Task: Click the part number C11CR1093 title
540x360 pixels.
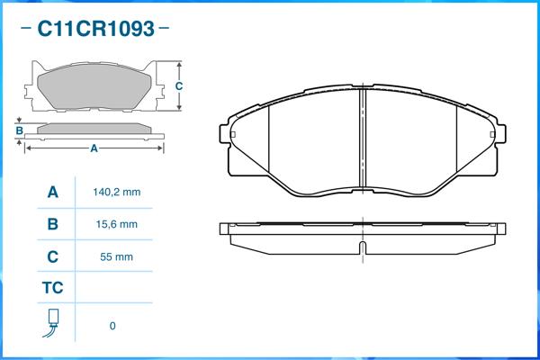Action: (x=95, y=28)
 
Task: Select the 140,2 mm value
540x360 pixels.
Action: (x=117, y=192)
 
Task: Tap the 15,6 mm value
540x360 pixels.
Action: (x=117, y=224)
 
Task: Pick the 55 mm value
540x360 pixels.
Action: (x=116, y=256)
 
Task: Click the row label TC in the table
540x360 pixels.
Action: (x=53, y=288)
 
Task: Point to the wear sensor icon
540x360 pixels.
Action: (x=52, y=323)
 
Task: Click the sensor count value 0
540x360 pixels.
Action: (x=112, y=326)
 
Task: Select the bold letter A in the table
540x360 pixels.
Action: (x=53, y=193)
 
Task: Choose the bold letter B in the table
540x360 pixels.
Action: (x=53, y=224)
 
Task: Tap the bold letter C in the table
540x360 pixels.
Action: (x=53, y=256)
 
